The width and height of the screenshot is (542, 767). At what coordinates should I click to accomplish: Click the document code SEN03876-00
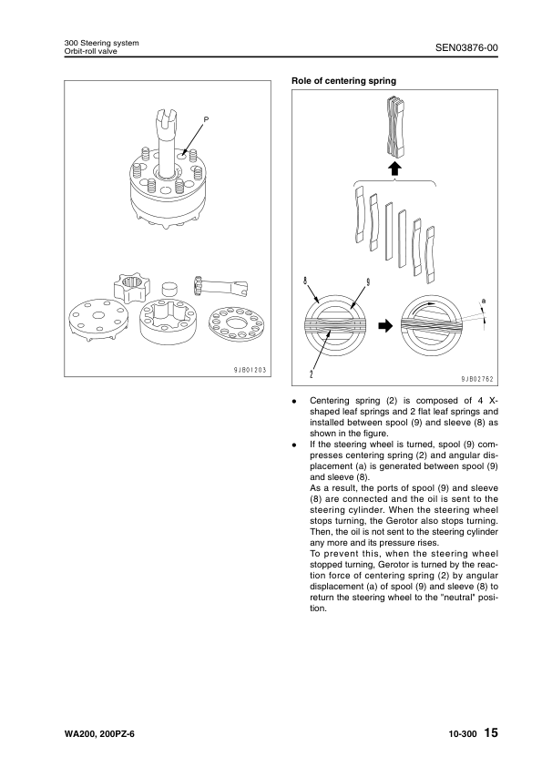[x=466, y=47]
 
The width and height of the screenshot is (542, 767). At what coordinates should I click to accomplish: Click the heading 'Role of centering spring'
[x=344, y=81]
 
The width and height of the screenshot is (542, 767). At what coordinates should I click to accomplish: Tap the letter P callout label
[x=206, y=118]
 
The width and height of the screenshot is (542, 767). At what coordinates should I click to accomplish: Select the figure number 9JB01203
[x=250, y=370]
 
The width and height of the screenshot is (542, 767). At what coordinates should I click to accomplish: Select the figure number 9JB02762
[x=477, y=379]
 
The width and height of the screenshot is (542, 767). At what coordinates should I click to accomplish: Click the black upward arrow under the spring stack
[x=394, y=169]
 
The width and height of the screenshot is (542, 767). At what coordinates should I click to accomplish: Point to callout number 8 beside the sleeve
[x=305, y=281]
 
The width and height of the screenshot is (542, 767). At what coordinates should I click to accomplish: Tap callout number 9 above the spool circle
[x=367, y=281]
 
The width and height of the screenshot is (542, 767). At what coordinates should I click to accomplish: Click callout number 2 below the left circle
[x=312, y=375]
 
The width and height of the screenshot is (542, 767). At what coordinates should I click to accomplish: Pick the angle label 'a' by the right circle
[x=484, y=302]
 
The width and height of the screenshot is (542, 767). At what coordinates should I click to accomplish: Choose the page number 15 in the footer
[x=491, y=732]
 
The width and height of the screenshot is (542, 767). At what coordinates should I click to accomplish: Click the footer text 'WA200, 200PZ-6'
[x=98, y=734]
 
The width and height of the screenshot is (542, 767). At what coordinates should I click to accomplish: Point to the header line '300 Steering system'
[x=101, y=43]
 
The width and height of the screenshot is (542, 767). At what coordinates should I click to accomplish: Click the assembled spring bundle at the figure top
[x=395, y=128]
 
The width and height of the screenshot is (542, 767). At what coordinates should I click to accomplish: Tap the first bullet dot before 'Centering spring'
[x=294, y=402]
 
